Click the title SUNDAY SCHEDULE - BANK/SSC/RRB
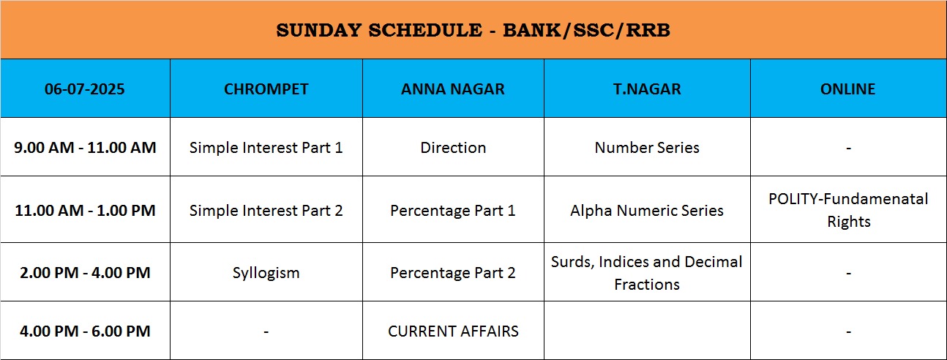point(473,30)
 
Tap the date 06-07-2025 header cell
point(85,89)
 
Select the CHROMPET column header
point(266,89)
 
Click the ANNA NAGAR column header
point(453,89)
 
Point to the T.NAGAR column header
point(647,89)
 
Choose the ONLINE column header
point(847,89)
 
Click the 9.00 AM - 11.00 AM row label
point(85,148)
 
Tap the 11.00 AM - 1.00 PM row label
point(85,210)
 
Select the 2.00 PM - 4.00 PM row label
point(85,272)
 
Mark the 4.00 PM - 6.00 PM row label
point(85,331)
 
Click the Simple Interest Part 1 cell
point(266,148)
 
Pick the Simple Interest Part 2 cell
point(266,210)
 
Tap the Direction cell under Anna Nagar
point(453,148)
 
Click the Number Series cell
point(647,148)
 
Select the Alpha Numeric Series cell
point(647,210)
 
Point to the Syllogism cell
point(266,273)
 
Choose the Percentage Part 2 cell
point(453,273)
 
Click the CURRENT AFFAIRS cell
point(453,331)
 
